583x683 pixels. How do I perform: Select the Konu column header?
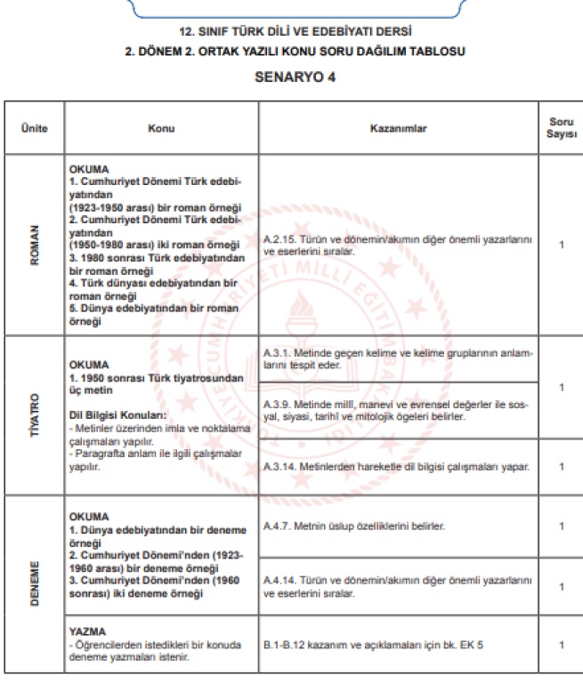click(x=161, y=129)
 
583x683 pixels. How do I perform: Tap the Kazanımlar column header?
click(x=398, y=129)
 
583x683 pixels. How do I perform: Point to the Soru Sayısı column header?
click(x=561, y=128)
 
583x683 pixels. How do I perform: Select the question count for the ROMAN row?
click(x=561, y=245)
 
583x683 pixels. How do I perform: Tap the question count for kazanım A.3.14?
click(x=561, y=466)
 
